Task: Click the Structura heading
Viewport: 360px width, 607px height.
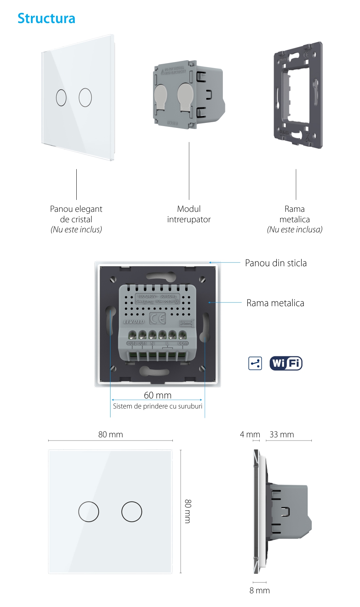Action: [46, 18]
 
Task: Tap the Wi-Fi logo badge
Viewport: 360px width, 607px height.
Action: [286, 363]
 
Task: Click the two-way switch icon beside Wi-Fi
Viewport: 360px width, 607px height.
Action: [255, 363]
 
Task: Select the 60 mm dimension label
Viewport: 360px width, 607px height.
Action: [158, 395]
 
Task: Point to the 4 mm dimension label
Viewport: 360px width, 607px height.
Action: [250, 434]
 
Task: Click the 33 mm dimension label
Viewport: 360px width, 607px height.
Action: [282, 434]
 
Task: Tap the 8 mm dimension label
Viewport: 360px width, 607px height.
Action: [260, 590]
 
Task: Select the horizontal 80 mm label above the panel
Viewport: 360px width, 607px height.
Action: [111, 434]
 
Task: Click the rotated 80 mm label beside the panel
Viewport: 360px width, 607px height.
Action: [188, 511]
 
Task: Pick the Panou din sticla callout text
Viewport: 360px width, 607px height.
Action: [276, 263]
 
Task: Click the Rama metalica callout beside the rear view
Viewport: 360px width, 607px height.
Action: [275, 303]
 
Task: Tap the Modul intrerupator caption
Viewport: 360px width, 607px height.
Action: [189, 214]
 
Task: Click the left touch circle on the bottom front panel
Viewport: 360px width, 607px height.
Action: [89, 512]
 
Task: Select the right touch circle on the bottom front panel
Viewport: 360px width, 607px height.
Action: [132, 512]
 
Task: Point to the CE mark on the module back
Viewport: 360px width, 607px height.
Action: [157, 318]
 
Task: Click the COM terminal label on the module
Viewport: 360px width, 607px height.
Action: [183, 343]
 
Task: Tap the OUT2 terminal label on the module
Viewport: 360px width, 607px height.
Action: [132, 343]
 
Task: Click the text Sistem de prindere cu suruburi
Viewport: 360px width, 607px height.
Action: [158, 406]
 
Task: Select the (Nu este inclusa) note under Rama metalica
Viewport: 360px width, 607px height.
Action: [294, 229]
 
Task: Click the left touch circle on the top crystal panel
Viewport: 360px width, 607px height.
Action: [61, 97]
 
